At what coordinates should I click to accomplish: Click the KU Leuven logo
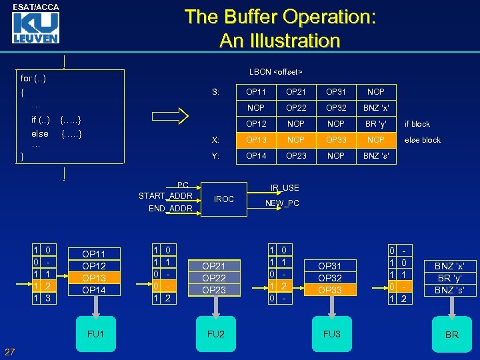35,27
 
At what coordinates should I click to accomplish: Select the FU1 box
96,333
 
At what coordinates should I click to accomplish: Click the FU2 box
216,333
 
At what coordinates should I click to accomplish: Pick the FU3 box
331,333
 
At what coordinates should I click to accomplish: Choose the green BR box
451,334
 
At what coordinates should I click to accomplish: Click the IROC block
224,199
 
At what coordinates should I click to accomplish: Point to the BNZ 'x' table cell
376,107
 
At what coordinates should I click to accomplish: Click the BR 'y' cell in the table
376,124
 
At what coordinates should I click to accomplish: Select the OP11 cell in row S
256,91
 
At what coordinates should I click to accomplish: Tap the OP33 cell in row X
336,140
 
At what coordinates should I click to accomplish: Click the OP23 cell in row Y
296,156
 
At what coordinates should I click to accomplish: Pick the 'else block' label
422,140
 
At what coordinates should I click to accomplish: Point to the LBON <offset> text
276,71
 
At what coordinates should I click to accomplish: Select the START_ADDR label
165,195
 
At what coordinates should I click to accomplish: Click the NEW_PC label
283,203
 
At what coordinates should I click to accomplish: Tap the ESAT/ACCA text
35,7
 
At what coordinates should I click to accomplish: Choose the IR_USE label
285,189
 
